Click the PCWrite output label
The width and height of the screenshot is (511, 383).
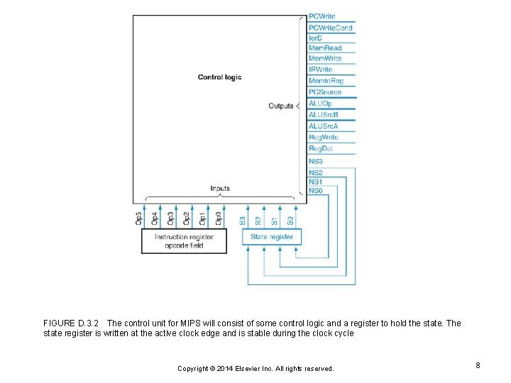click(x=322, y=16)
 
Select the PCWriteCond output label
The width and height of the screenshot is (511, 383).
click(x=330, y=28)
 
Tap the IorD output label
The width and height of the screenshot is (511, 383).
click(x=315, y=38)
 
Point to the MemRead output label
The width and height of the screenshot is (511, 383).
click(x=325, y=48)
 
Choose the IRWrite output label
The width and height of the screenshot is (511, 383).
click(x=321, y=70)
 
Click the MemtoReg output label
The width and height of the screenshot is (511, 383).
click(x=325, y=82)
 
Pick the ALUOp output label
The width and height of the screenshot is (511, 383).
click(x=319, y=104)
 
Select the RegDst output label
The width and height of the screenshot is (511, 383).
click(x=321, y=148)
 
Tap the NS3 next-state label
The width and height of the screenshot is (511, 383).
click(x=316, y=162)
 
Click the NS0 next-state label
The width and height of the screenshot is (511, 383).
click(x=316, y=190)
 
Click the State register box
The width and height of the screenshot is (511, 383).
click(x=272, y=237)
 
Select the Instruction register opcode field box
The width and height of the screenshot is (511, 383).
click(x=184, y=241)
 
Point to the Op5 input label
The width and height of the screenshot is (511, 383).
click(x=138, y=218)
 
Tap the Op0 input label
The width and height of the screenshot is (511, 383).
click(x=219, y=218)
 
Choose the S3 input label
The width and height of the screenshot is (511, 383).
click(x=242, y=221)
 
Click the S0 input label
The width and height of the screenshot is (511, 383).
click(x=291, y=221)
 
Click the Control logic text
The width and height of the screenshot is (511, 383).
click(x=219, y=77)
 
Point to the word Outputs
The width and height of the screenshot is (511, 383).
click(x=280, y=106)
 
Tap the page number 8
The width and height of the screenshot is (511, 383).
click(x=478, y=365)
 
